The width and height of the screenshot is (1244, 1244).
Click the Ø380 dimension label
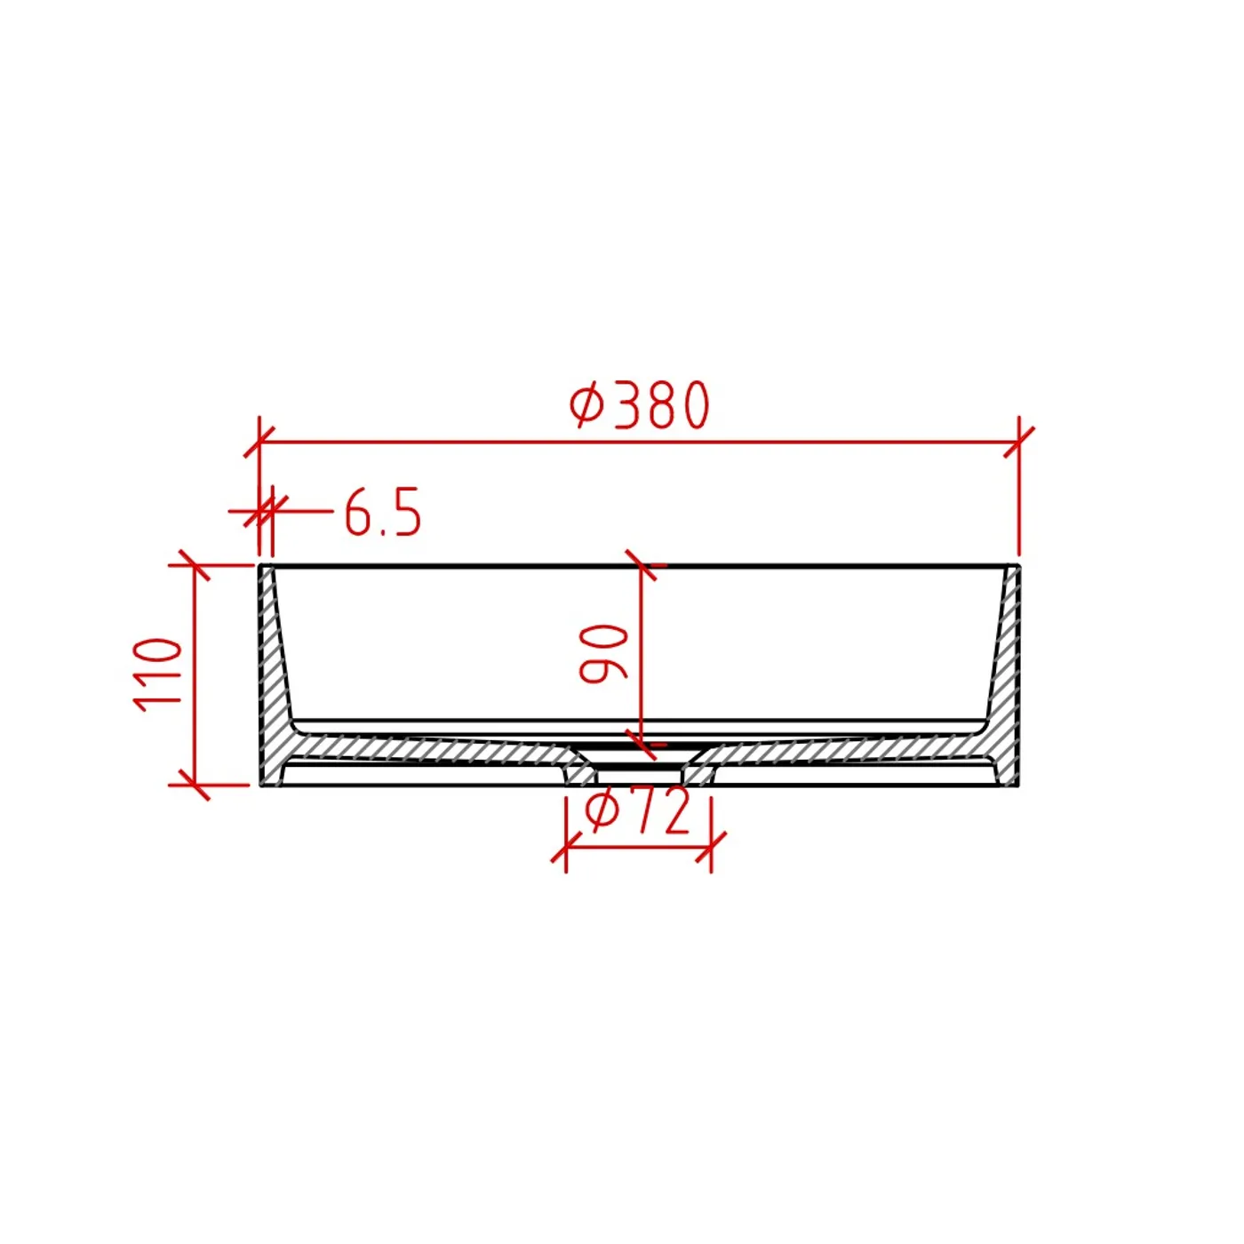639,405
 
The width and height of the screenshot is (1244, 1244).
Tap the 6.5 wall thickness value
383,512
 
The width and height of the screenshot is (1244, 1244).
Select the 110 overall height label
156,674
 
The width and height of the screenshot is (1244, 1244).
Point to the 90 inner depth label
603,653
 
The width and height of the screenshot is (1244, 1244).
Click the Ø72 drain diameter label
638,811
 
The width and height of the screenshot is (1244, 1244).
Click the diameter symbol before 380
586,406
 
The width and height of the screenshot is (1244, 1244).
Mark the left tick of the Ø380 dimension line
259,443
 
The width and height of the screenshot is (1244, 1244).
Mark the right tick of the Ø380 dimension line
1019,443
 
